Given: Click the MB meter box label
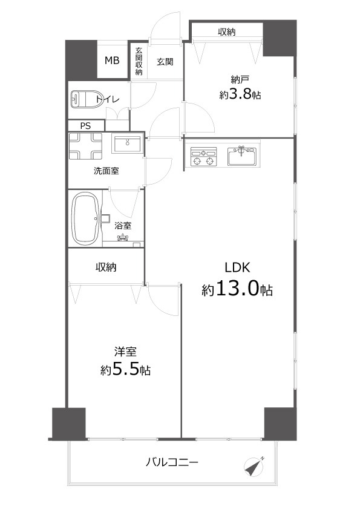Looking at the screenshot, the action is [x=112, y=61].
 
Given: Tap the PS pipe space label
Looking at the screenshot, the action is [x=85, y=126].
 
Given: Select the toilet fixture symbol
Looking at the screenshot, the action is [x=87, y=99].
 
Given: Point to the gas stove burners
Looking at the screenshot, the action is [x=203, y=157].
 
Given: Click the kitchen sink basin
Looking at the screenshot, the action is [x=242, y=157].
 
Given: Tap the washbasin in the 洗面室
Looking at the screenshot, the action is [x=126, y=144].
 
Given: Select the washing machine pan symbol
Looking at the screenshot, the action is [x=85, y=146].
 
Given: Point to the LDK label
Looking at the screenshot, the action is [x=238, y=268].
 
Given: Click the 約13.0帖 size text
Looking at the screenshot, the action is [x=237, y=289].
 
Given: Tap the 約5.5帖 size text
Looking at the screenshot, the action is [x=125, y=369].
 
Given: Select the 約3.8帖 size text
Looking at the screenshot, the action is [x=240, y=94].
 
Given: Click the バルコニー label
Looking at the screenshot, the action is [x=172, y=462].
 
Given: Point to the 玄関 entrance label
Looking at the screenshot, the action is [x=165, y=61].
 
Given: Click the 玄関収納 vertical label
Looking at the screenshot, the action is [x=139, y=61].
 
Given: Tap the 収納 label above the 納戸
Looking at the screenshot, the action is [x=226, y=32].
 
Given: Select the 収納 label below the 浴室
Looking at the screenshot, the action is [x=106, y=267].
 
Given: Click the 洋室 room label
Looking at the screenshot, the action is [x=125, y=351].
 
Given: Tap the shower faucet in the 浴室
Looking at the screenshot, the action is [x=123, y=238].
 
